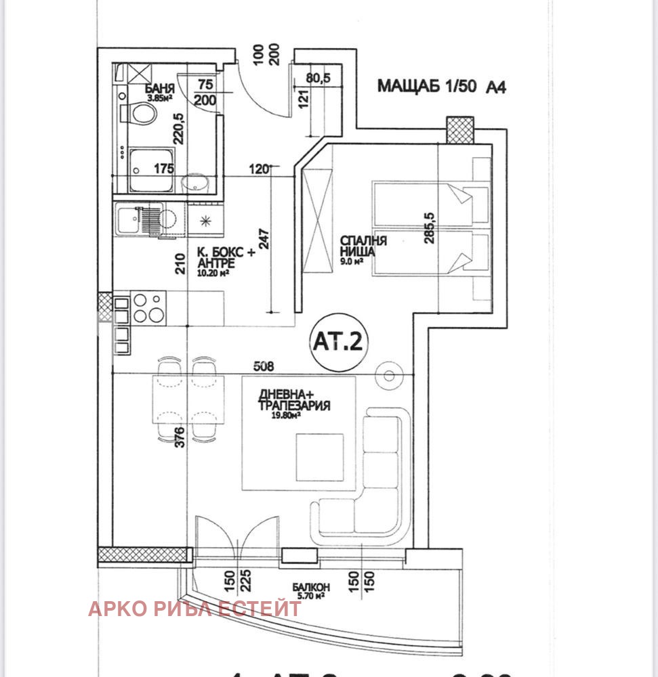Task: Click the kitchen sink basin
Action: coord(127,219)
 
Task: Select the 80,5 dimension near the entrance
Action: coord(318,78)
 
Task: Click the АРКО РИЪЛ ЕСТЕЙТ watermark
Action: coord(194,609)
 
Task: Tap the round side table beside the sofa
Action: coord(391,374)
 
